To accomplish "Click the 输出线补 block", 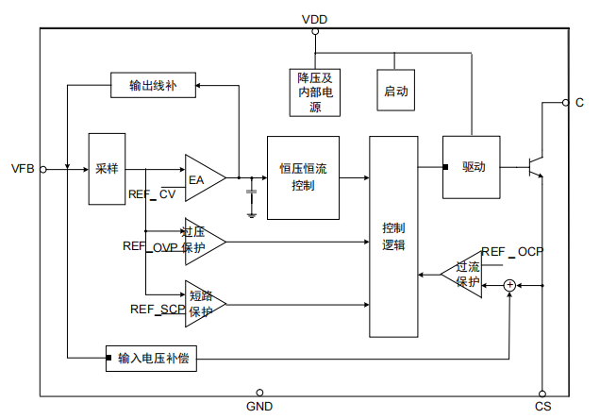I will coord(153,86).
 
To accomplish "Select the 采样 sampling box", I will coord(107,169).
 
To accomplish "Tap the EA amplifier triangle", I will coord(203,177).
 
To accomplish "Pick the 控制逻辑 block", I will coord(393,236).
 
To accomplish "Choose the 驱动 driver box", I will coord(473,167).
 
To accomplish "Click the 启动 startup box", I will coord(396,92).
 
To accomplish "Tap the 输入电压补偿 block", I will coord(154,359).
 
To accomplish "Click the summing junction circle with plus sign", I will coord(509,285).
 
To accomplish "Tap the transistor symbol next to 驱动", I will coord(536,168).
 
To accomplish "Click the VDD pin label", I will coord(315,19).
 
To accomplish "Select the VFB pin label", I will coord(23,169).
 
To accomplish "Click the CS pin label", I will coord(542,407).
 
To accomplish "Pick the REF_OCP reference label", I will coord(511,252).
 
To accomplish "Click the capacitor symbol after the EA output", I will coord(251,195).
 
